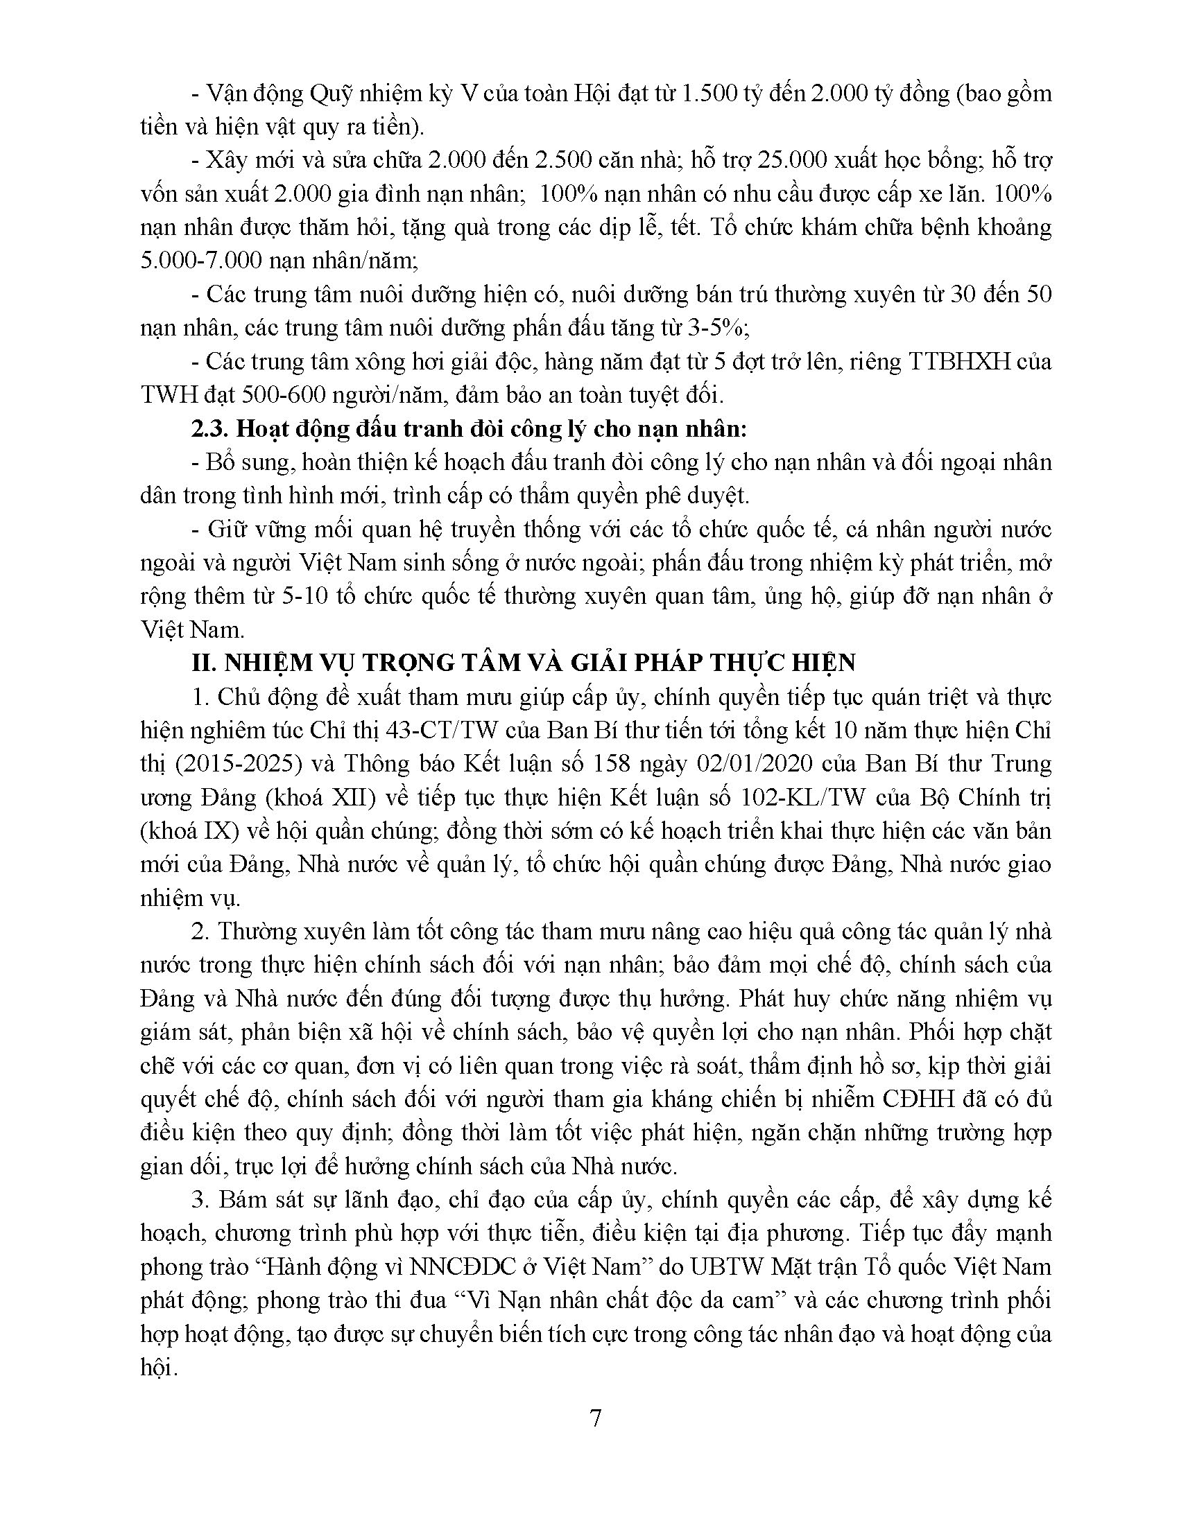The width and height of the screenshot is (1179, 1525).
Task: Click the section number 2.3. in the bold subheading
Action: (x=210, y=428)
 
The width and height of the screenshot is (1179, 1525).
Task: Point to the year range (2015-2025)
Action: (x=232, y=764)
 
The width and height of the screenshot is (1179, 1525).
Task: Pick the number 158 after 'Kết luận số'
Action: (x=613, y=764)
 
